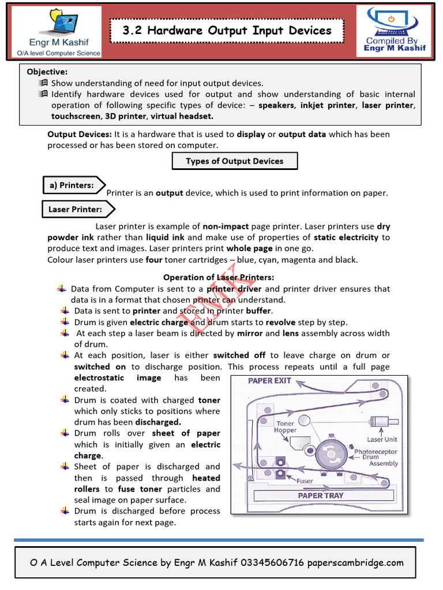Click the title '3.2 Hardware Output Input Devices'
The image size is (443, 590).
tap(227, 31)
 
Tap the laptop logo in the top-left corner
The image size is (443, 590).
tap(56, 22)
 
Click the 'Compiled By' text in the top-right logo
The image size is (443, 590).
tap(392, 40)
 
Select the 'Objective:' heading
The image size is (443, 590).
tap(47, 72)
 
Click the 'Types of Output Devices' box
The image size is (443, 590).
tap(234, 161)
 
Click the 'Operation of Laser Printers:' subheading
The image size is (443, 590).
tap(219, 277)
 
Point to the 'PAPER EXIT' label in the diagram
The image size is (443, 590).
tap(269, 381)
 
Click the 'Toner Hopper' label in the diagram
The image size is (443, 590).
tap(286, 427)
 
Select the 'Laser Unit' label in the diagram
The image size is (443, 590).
tap(382, 439)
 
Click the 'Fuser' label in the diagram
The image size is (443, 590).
tap(305, 481)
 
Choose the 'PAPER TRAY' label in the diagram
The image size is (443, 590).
tap(320, 495)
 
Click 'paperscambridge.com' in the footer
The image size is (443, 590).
tap(355, 563)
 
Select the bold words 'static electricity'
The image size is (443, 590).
tap(346, 237)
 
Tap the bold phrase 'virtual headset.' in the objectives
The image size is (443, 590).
tap(180, 116)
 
